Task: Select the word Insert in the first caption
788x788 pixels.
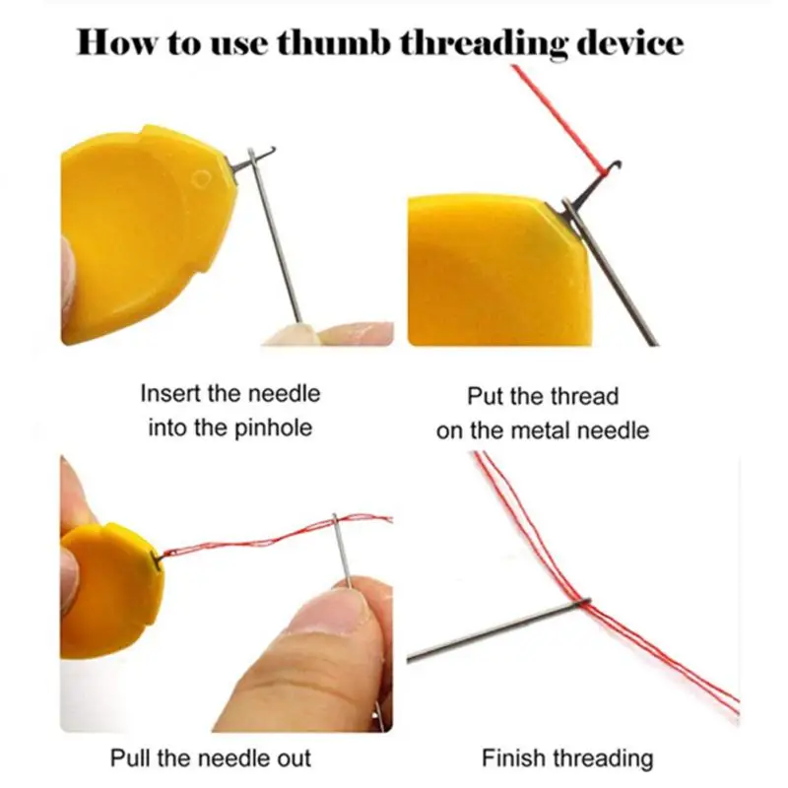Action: (172, 394)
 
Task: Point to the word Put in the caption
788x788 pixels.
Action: (486, 397)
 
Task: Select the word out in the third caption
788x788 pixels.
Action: (293, 757)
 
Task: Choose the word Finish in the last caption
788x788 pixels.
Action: (512, 758)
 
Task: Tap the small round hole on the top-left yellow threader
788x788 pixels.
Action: (201, 180)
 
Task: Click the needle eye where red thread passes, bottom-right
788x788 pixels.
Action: (583, 602)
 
